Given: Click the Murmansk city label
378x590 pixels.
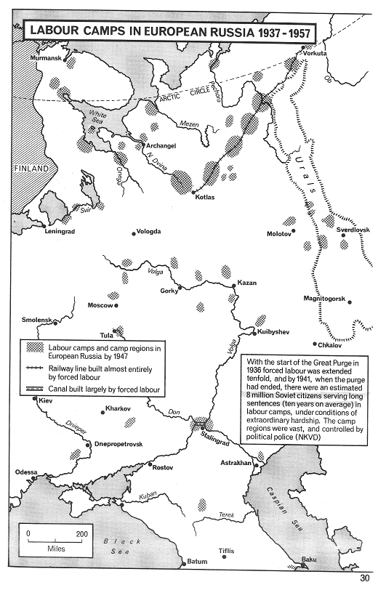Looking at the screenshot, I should (43, 58).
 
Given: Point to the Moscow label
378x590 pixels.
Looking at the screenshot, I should (101, 305).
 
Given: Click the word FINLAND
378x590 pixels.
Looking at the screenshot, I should (30, 169).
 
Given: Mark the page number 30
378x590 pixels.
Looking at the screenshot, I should (365, 578).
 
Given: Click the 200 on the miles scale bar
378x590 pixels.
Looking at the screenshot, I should (81, 533).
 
